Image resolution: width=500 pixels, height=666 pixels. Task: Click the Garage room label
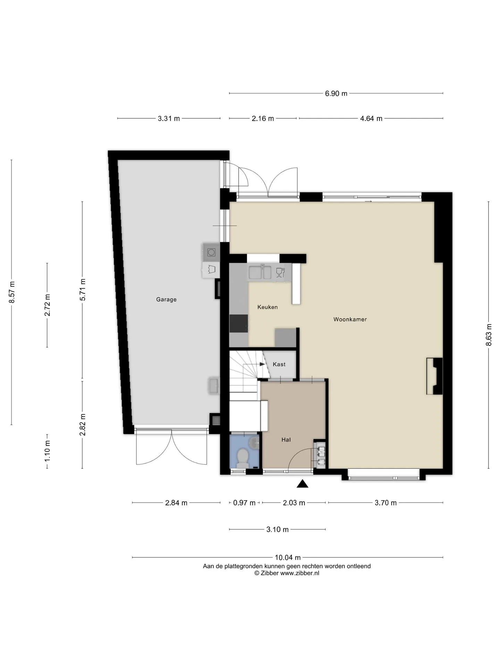tap(166, 299)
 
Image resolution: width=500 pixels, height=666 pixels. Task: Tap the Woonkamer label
tap(350, 319)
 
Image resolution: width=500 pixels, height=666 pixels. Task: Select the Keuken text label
tap(267, 307)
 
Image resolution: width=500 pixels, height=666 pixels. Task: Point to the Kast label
tap(279, 364)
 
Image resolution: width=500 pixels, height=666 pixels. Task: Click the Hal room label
tap(286, 439)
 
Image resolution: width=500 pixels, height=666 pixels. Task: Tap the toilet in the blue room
tap(242, 457)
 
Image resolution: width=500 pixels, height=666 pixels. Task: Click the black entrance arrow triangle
tap(302, 484)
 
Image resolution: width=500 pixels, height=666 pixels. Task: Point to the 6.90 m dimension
tap(336, 93)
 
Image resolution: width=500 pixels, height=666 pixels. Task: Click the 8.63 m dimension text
tap(489, 335)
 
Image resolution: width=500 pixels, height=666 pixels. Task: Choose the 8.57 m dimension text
tap(11, 292)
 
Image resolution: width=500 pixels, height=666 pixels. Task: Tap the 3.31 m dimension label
tap(169, 119)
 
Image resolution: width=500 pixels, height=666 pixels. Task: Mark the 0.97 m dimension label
tap(244, 503)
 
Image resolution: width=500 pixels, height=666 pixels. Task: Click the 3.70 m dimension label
tap(385, 503)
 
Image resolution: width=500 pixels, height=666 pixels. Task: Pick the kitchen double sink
tap(260, 272)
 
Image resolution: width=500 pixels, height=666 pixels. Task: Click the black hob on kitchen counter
tap(239, 324)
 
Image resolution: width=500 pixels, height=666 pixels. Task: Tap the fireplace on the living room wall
tap(435, 376)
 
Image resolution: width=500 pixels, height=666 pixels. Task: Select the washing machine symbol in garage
tap(211, 252)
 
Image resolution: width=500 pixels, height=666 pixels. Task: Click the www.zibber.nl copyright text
tap(287, 573)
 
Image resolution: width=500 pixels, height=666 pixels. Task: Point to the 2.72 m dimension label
tap(47, 305)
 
